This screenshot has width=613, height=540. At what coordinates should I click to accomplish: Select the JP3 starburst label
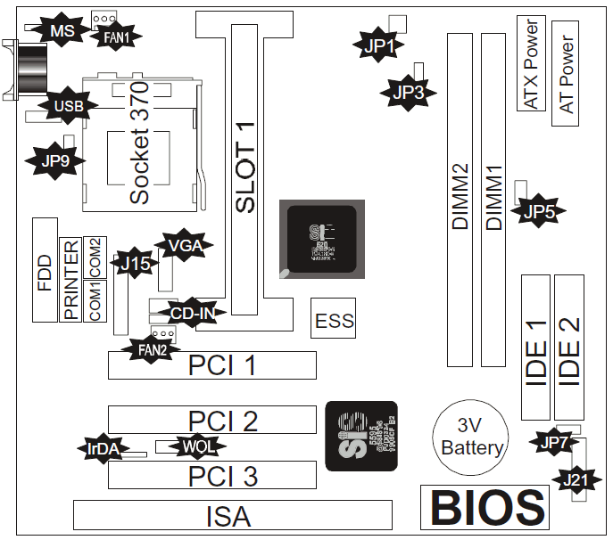(408, 90)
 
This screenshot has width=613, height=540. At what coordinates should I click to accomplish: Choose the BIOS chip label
(485, 507)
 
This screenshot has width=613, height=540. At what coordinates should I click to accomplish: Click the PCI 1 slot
(212, 365)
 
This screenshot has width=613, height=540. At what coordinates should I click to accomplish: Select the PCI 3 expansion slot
(212, 476)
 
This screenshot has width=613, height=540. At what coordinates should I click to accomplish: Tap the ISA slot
(232, 515)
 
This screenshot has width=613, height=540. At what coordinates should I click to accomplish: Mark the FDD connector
(44, 269)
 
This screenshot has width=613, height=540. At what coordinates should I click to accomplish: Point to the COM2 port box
(95, 257)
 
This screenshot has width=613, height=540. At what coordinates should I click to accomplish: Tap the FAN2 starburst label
(151, 349)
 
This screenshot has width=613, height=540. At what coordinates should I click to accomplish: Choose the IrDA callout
(103, 448)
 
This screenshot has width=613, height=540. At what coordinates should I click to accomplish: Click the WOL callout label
(198, 446)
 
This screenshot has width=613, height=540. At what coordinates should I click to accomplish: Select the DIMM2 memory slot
(460, 200)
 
